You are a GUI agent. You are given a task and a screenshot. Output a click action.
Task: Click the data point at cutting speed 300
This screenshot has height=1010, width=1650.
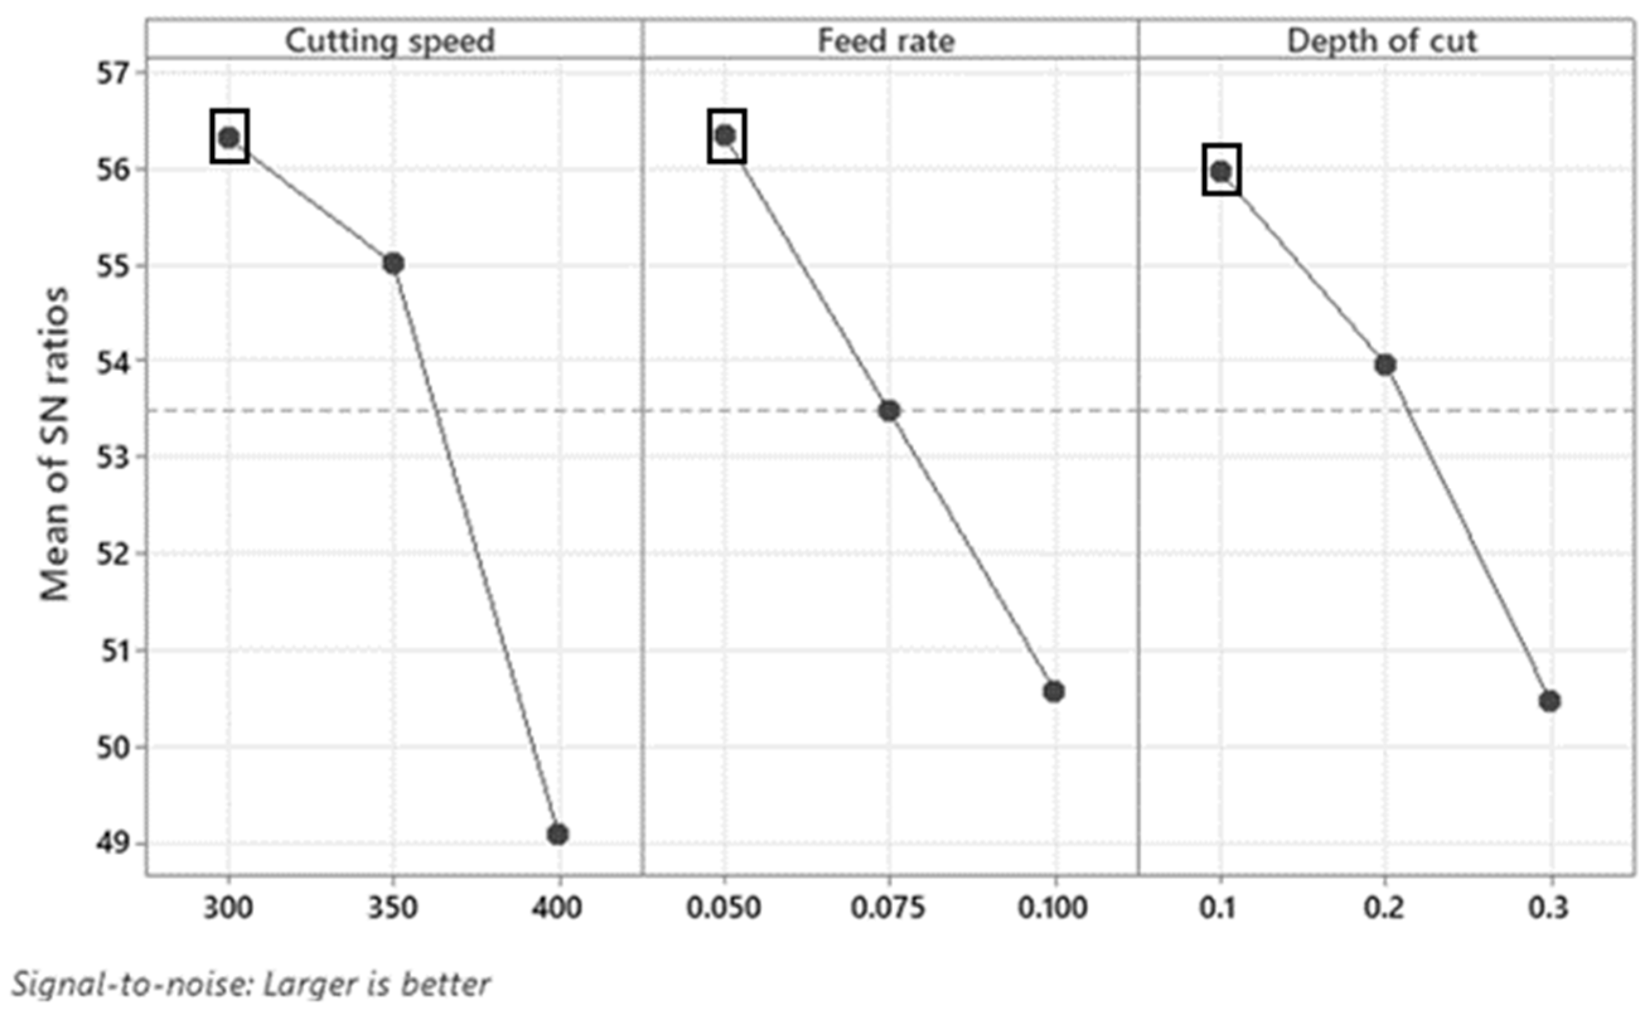point(229,137)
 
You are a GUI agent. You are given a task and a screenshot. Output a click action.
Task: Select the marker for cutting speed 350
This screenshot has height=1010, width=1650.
point(394,264)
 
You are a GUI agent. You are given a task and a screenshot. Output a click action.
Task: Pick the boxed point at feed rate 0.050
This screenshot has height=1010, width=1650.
point(725,136)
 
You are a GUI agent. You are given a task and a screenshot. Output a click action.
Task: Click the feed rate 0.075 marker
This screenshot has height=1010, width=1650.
point(890,411)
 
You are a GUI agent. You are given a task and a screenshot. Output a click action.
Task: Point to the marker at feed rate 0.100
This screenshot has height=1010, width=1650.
point(1054,691)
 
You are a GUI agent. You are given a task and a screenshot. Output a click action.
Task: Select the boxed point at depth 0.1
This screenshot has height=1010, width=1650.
point(1220,171)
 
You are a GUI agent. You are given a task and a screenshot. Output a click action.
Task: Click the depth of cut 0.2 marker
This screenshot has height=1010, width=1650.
point(1385,365)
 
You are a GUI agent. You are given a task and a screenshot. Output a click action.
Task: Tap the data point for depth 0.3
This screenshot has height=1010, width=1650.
point(1550,701)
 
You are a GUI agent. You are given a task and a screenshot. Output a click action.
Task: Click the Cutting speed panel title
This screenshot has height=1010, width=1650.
point(390,42)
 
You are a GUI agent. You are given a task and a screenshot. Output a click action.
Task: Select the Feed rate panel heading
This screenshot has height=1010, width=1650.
point(886,42)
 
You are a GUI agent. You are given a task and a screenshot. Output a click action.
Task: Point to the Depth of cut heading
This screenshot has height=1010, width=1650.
point(1382,42)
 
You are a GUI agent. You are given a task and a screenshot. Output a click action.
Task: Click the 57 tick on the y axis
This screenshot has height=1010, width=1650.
point(115,73)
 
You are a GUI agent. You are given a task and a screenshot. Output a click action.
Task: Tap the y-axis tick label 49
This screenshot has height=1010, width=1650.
point(115,843)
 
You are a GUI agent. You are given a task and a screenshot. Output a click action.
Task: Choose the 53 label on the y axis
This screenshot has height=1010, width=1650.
point(115,458)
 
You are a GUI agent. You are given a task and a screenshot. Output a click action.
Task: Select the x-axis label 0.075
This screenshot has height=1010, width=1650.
point(888,908)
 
